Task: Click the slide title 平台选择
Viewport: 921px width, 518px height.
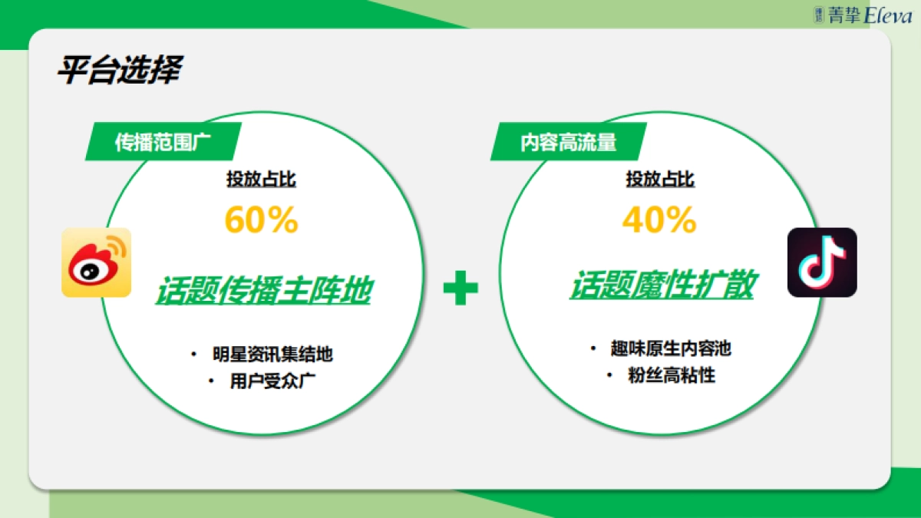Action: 118,71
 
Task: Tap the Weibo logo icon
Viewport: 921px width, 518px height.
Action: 96,262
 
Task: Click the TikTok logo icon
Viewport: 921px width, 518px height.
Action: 822,262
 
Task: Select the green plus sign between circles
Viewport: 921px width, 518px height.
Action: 460,288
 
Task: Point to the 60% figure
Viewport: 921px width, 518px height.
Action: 261,221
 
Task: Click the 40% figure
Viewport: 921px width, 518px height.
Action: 659,221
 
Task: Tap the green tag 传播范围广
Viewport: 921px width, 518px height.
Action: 162,142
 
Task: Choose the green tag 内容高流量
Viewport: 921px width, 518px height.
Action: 568,142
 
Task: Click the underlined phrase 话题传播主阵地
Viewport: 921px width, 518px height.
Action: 262,292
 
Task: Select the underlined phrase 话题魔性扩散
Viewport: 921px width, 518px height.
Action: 661,285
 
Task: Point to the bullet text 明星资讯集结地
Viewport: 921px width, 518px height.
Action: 272,355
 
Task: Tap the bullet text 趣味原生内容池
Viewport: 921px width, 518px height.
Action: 671,349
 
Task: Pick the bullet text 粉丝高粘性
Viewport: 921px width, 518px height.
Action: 671,376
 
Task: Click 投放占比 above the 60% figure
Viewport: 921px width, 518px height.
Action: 261,180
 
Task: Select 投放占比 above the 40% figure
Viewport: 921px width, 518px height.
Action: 660,180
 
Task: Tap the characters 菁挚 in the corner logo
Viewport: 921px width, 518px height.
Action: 844,15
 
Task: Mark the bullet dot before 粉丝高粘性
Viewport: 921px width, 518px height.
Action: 609,376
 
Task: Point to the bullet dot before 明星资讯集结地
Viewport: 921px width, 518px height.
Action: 193,355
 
